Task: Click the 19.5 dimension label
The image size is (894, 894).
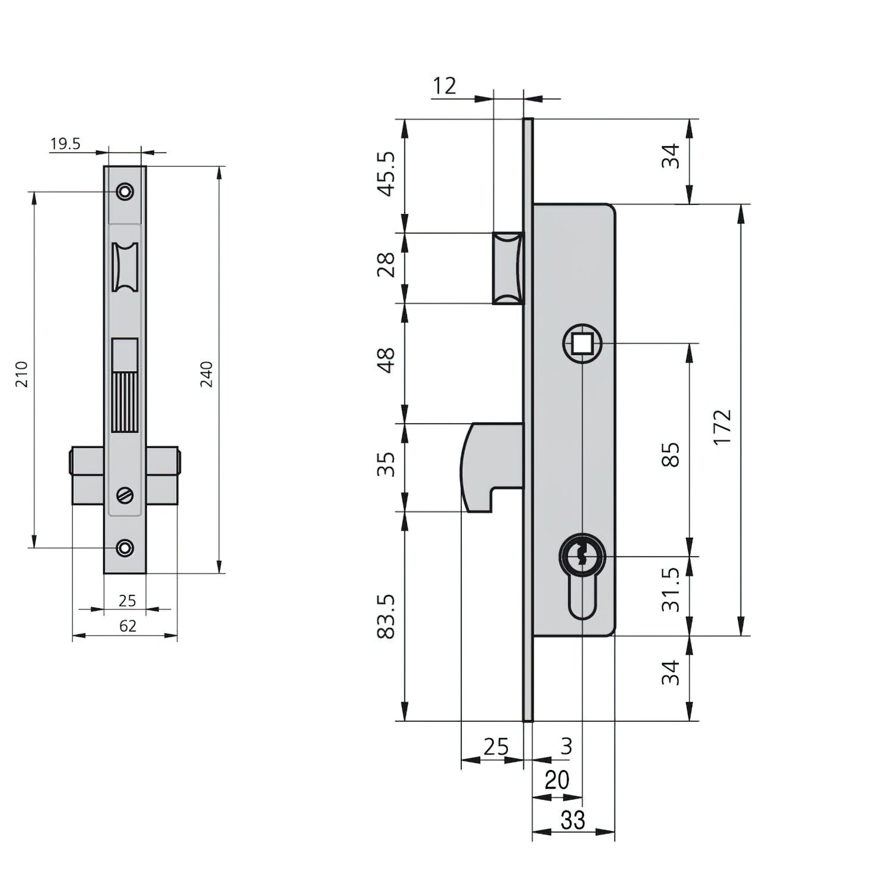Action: (65, 144)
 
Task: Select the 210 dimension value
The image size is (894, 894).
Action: (22, 374)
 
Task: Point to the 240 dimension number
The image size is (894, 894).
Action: (206, 374)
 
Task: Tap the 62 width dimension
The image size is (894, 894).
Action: (128, 626)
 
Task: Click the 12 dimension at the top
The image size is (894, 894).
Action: (444, 86)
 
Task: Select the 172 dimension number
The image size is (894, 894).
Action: (722, 427)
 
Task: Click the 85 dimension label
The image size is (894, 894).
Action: (671, 455)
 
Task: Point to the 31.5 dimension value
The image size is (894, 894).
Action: (671, 589)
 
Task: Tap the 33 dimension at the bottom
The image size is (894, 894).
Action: (573, 821)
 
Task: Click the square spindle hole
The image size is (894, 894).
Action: (582, 344)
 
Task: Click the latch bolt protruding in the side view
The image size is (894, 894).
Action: (508, 268)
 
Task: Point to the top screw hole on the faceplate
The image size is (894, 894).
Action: (125, 192)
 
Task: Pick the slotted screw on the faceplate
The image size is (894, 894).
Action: (125, 495)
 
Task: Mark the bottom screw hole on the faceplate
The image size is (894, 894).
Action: (125, 548)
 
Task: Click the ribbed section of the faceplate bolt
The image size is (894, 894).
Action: (125, 402)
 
